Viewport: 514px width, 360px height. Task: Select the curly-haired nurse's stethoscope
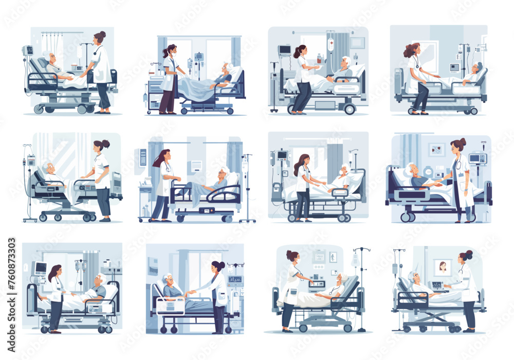416,64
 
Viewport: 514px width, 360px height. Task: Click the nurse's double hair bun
467,254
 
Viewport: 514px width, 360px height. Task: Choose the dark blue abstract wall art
153,266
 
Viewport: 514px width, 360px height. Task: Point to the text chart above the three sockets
319,255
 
